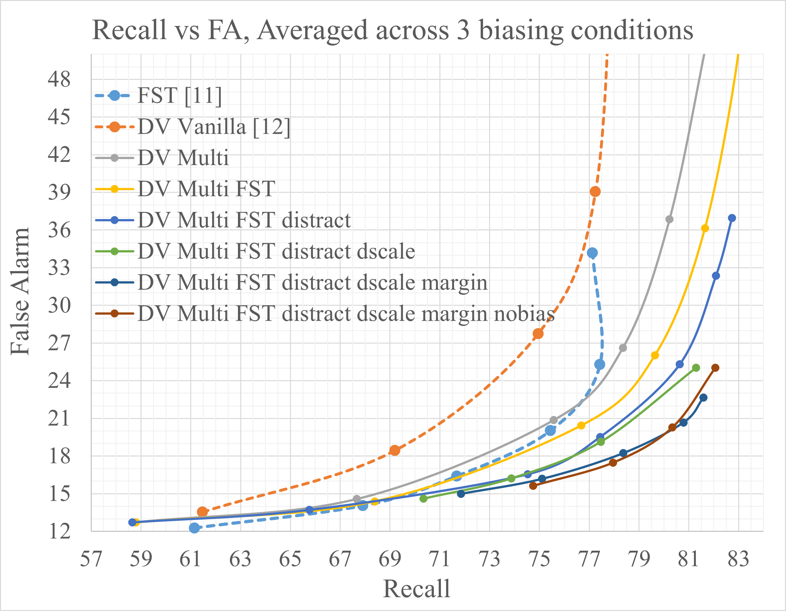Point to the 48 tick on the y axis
point(59,79)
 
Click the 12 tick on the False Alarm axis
point(59,531)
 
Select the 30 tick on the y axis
point(59,305)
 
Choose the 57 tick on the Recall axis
point(91,559)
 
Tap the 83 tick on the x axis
point(739,559)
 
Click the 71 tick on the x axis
point(439,559)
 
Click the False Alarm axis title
point(20,292)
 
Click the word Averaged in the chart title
point(313,30)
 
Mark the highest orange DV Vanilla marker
point(595,191)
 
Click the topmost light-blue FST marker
point(592,253)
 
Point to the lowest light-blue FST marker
point(194,528)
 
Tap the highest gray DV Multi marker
point(669,219)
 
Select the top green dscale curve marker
point(696,368)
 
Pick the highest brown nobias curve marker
point(715,368)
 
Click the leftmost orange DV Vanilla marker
point(202,512)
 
